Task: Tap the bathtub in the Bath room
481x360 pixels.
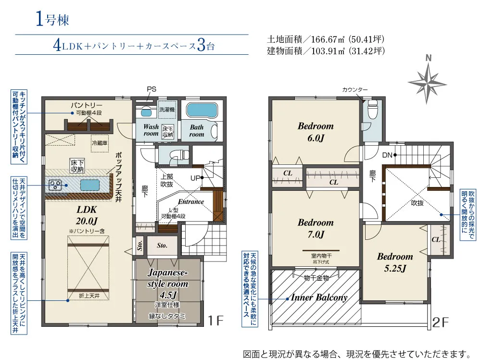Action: click(x=202, y=110)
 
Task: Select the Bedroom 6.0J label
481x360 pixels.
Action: click(x=316, y=132)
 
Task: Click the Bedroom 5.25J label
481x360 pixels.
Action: click(x=395, y=262)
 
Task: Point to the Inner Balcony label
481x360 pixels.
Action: click(x=319, y=297)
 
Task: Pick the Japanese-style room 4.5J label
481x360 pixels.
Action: click(x=167, y=284)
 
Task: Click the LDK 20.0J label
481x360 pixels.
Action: click(x=87, y=215)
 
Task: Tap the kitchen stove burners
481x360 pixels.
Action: click(x=55, y=185)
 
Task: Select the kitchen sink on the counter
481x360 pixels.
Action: click(x=90, y=185)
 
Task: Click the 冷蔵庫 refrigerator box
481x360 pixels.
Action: click(x=100, y=143)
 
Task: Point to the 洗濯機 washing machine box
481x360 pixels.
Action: click(x=167, y=110)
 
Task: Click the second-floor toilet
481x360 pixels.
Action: click(x=372, y=109)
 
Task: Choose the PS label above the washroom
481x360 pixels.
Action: click(x=152, y=89)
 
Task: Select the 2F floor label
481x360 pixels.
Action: click(x=441, y=322)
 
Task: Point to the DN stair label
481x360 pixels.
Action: click(x=387, y=155)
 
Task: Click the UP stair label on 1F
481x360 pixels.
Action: click(x=195, y=178)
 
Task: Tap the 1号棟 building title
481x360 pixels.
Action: click(x=52, y=20)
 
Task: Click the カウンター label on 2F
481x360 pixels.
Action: click(x=355, y=89)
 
